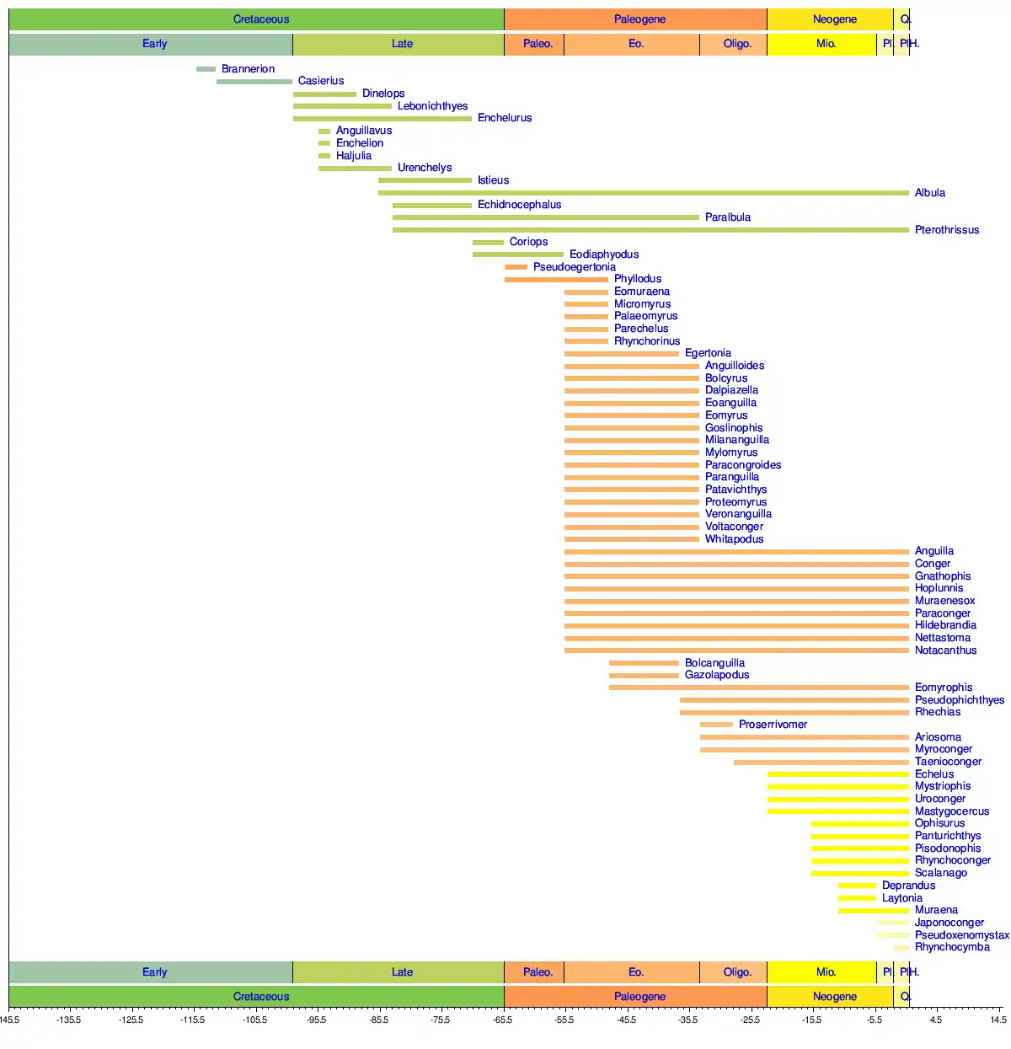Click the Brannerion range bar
coord(206,69)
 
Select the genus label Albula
coord(930,193)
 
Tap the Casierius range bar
coord(254,82)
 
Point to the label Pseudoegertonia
coord(574,267)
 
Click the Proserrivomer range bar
coord(716,725)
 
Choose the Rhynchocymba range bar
coord(901,948)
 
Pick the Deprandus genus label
coord(908,886)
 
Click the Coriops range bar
coord(488,243)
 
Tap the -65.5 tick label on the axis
coord(502,1020)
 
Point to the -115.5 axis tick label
coord(193,1020)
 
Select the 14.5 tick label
coord(998,1020)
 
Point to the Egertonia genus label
coord(708,353)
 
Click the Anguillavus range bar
coord(324,131)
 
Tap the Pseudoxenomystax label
coord(961,935)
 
